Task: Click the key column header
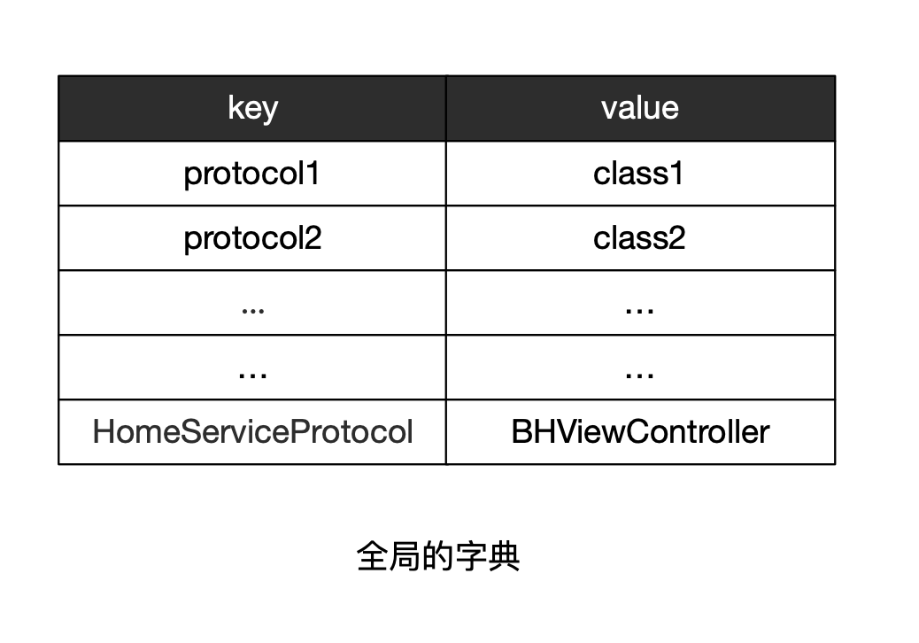tap(252, 109)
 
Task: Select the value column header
tap(640, 108)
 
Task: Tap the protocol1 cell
tap(251, 174)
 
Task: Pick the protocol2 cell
tap(252, 238)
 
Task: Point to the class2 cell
tap(639, 238)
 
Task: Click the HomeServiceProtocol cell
tap(252, 432)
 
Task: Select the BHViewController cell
tap(640, 432)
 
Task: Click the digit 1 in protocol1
tap(313, 174)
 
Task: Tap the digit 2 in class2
tap(677, 238)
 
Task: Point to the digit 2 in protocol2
tap(313, 238)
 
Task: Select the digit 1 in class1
tap(676, 174)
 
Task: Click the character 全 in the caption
tap(372, 556)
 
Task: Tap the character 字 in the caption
tap(471, 556)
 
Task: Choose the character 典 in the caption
tap(504, 556)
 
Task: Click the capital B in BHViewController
tap(521, 432)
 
